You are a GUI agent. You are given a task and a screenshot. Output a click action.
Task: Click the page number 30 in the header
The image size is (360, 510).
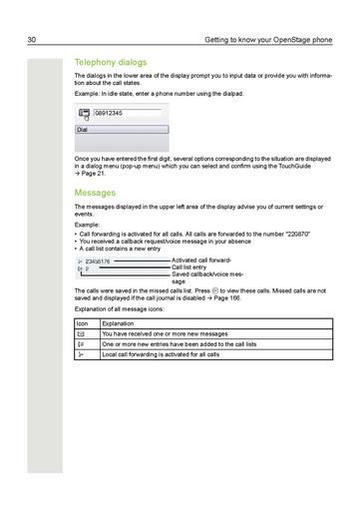[32, 40]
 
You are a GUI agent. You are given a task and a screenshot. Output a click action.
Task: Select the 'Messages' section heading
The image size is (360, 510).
[96, 192]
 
